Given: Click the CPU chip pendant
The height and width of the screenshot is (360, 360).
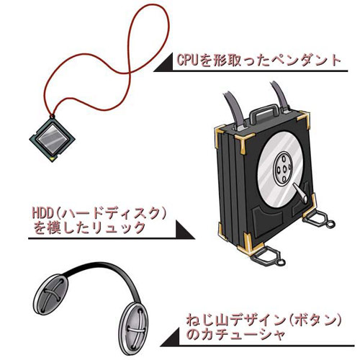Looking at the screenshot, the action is coord(53,139).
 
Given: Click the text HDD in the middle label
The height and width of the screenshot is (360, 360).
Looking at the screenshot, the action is coord(43,213).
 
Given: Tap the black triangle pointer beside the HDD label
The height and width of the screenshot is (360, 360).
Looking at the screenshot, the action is coord(185,230).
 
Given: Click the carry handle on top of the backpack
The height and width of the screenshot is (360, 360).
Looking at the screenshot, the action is coord(264,112).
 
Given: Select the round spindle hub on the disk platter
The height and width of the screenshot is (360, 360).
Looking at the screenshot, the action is coord(284,169).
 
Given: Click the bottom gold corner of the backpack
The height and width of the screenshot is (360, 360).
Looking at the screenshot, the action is coord(248,245).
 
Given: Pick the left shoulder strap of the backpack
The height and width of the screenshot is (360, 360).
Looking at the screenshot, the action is coord(234,109).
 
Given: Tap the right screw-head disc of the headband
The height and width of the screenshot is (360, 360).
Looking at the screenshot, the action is coord(135,328).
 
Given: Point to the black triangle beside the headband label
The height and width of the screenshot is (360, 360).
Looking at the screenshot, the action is coord(170,337).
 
